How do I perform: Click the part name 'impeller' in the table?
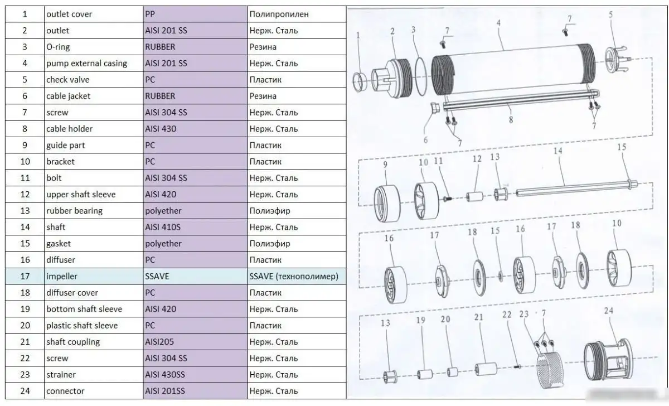62,276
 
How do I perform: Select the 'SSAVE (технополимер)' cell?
294,276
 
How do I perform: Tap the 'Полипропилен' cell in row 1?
279,14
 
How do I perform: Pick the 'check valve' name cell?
67,80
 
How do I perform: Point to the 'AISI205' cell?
161,342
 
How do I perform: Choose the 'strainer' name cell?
61,375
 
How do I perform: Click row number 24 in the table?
25,391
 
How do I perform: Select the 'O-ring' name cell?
58,47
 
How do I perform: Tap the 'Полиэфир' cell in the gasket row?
270,244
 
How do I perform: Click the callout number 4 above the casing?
498,23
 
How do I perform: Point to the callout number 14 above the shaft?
558,151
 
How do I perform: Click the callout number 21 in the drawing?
478,317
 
